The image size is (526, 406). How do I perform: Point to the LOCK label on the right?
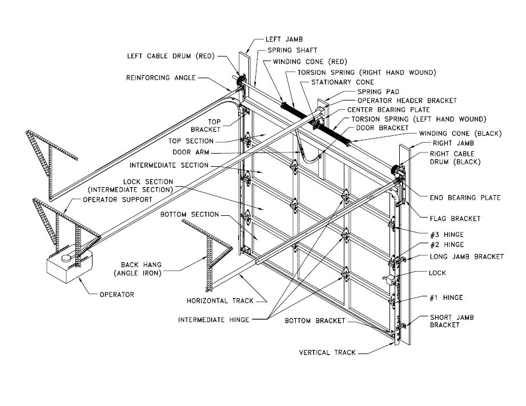pyautogui.click(x=437, y=273)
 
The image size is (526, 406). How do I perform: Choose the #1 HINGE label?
pyautogui.click(x=445, y=298)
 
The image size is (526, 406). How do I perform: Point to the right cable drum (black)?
pyautogui.click(x=395, y=170)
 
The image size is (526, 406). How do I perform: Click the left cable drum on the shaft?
pyautogui.click(x=240, y=81)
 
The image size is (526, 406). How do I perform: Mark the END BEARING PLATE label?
pyautogui.click(x=465, y=198)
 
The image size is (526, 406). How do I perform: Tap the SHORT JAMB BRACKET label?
pyautogui.click(x=453, y=321)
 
